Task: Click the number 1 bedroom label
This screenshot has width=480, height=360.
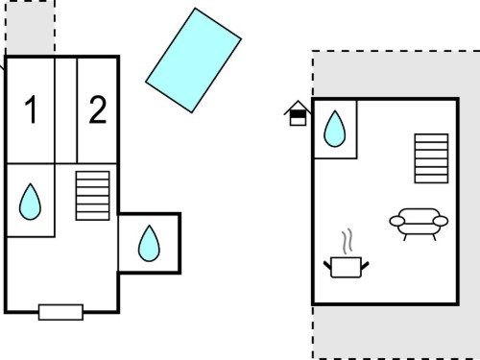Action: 31,109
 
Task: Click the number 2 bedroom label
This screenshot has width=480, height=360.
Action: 98,109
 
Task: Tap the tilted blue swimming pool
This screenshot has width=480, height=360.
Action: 194,60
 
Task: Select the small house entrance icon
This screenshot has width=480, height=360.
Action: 298,113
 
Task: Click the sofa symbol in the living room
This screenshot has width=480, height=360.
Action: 419,224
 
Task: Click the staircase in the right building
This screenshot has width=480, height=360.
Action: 431,158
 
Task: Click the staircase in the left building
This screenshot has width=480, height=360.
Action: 92,196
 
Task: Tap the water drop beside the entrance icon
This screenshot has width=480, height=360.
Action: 335,129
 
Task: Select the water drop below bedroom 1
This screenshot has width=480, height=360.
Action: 30,202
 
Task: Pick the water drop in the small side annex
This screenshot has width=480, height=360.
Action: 149,244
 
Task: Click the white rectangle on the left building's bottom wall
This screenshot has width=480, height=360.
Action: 60,312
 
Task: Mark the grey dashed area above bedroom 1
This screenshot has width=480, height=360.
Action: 30,28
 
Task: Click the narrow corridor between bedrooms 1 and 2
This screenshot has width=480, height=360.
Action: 66,110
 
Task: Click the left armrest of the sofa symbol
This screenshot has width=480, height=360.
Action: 397,221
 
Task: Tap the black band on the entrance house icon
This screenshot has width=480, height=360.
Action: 298,114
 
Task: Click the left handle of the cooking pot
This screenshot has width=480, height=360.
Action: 327,265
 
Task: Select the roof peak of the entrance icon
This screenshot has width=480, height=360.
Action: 298,101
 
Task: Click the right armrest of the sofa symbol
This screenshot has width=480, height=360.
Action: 441,221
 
